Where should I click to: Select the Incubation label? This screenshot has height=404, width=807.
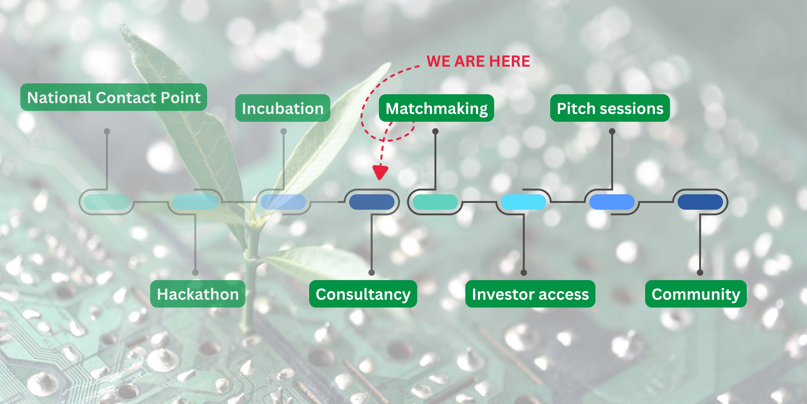pos(283,108)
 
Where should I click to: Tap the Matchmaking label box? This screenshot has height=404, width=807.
pos(436,108)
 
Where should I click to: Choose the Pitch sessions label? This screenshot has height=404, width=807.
pos(610,108)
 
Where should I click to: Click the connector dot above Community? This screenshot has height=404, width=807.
pos(700,273)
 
